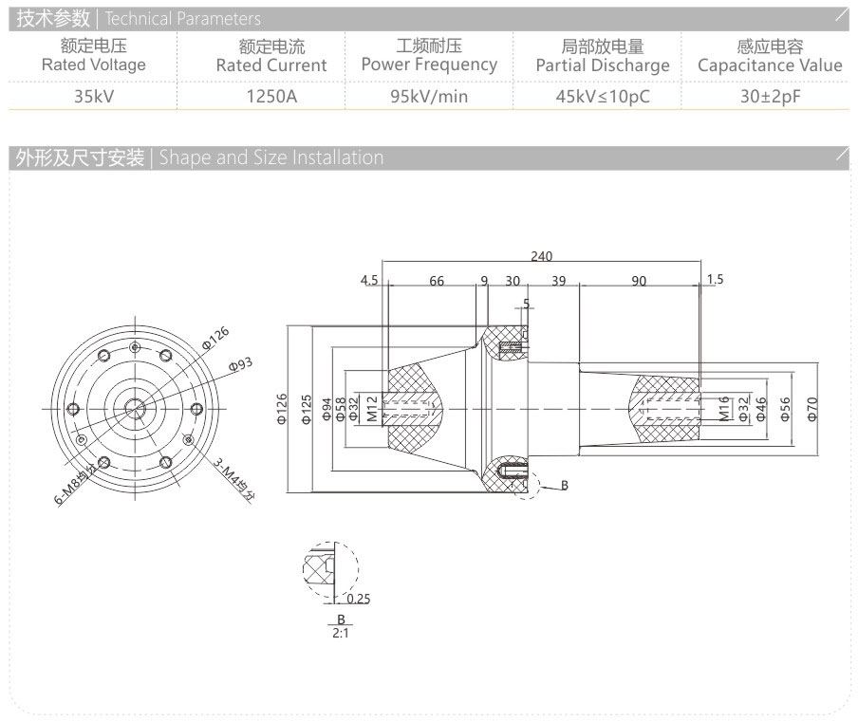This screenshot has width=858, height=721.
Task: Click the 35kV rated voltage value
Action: coord(94,96)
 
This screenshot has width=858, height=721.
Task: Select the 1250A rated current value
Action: coord(271,96)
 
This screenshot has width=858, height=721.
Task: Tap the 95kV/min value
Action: coord(429,96)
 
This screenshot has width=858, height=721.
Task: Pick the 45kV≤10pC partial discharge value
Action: coord(603,96)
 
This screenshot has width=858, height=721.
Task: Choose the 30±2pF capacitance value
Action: coord(770,96)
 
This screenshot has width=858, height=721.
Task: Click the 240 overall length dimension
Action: coord(541,256)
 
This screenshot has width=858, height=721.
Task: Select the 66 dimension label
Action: coord(437,281)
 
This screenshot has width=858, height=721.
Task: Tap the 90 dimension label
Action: coord(639,281)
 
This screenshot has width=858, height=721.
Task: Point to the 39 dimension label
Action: coord(558,281)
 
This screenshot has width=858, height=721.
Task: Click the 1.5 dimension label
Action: coord(715,279)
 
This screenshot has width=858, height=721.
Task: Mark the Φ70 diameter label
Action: coord(811,408)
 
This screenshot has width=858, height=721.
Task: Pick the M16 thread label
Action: coord(723,408)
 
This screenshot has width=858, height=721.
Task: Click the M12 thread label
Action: coord(372,408)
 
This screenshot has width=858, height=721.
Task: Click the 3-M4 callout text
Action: coord(233,480)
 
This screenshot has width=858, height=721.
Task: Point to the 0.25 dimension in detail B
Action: coord(358,599)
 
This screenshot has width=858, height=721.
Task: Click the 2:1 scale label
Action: coord(340,632)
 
